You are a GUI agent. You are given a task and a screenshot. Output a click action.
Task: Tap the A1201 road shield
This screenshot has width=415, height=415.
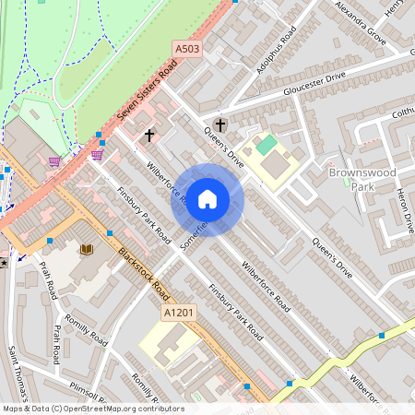tap(179, 314)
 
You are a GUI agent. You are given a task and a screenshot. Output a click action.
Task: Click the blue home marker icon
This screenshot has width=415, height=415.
tap(207, 199)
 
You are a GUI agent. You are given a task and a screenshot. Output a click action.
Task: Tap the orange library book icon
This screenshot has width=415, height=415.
tap(88, 250)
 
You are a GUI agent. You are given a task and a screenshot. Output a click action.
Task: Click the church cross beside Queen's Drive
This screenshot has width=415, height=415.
tap(219, 125)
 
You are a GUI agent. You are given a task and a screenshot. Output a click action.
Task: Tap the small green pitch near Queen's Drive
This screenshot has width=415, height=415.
tap(266, 145)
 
